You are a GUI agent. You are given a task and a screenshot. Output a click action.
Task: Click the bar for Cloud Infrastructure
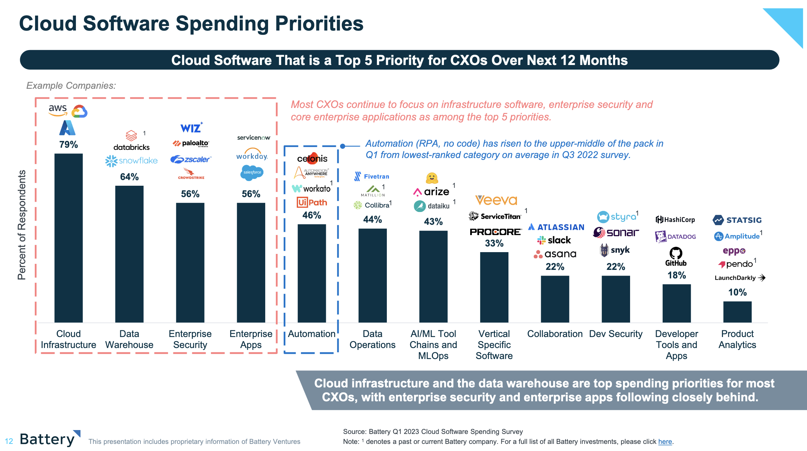pyautogui.click(x=68, y=238)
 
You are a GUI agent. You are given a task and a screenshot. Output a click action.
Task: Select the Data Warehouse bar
pyautogui.click(x=129, y=254)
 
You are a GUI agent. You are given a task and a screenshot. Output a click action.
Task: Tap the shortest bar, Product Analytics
pyautogui.click(x=737, y=312)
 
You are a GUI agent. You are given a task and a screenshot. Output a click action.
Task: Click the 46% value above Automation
pyautogui.click(x=312, y=215)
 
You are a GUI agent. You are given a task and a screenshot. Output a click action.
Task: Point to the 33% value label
pyautogui.click(x=494, y=243)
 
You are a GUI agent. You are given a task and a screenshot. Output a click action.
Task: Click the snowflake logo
pyautogui.click(x=131, y=161)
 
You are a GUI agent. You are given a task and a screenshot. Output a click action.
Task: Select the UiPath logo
pyautogui.click(x=312, y=202)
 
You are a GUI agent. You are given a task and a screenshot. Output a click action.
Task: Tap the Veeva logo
pyautogui.click(x=496, y=200)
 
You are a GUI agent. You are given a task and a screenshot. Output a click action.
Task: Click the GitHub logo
pyautogui.click(x=676, y=256)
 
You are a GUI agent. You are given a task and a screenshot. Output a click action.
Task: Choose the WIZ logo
pyautogui.click(x=191, y=127)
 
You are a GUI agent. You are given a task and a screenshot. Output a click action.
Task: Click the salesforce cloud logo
pyautogui.click(x=252, y=172)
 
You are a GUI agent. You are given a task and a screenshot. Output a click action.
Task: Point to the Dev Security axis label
pyautogui.click(x=616, y=334)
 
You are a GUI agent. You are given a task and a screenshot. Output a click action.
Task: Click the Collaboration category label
pyautogui.click(x=555, y=334)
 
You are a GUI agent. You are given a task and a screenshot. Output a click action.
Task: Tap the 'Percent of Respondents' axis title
pyautogui.click(x=22, y=225)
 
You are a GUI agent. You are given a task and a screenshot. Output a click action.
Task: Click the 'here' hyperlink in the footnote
pyautogui.click(x=665, y=441)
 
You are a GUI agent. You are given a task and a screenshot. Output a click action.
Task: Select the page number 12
pyautogui.click(x=9, y=441)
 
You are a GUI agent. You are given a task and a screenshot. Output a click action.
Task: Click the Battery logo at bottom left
pyautogui.click(x=50, y=439)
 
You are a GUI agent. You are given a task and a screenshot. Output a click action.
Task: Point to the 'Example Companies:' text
pyautogui.click(x=71, y=86)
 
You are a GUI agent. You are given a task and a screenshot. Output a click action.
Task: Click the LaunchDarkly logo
pyautogui.click(x=740, y=278)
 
